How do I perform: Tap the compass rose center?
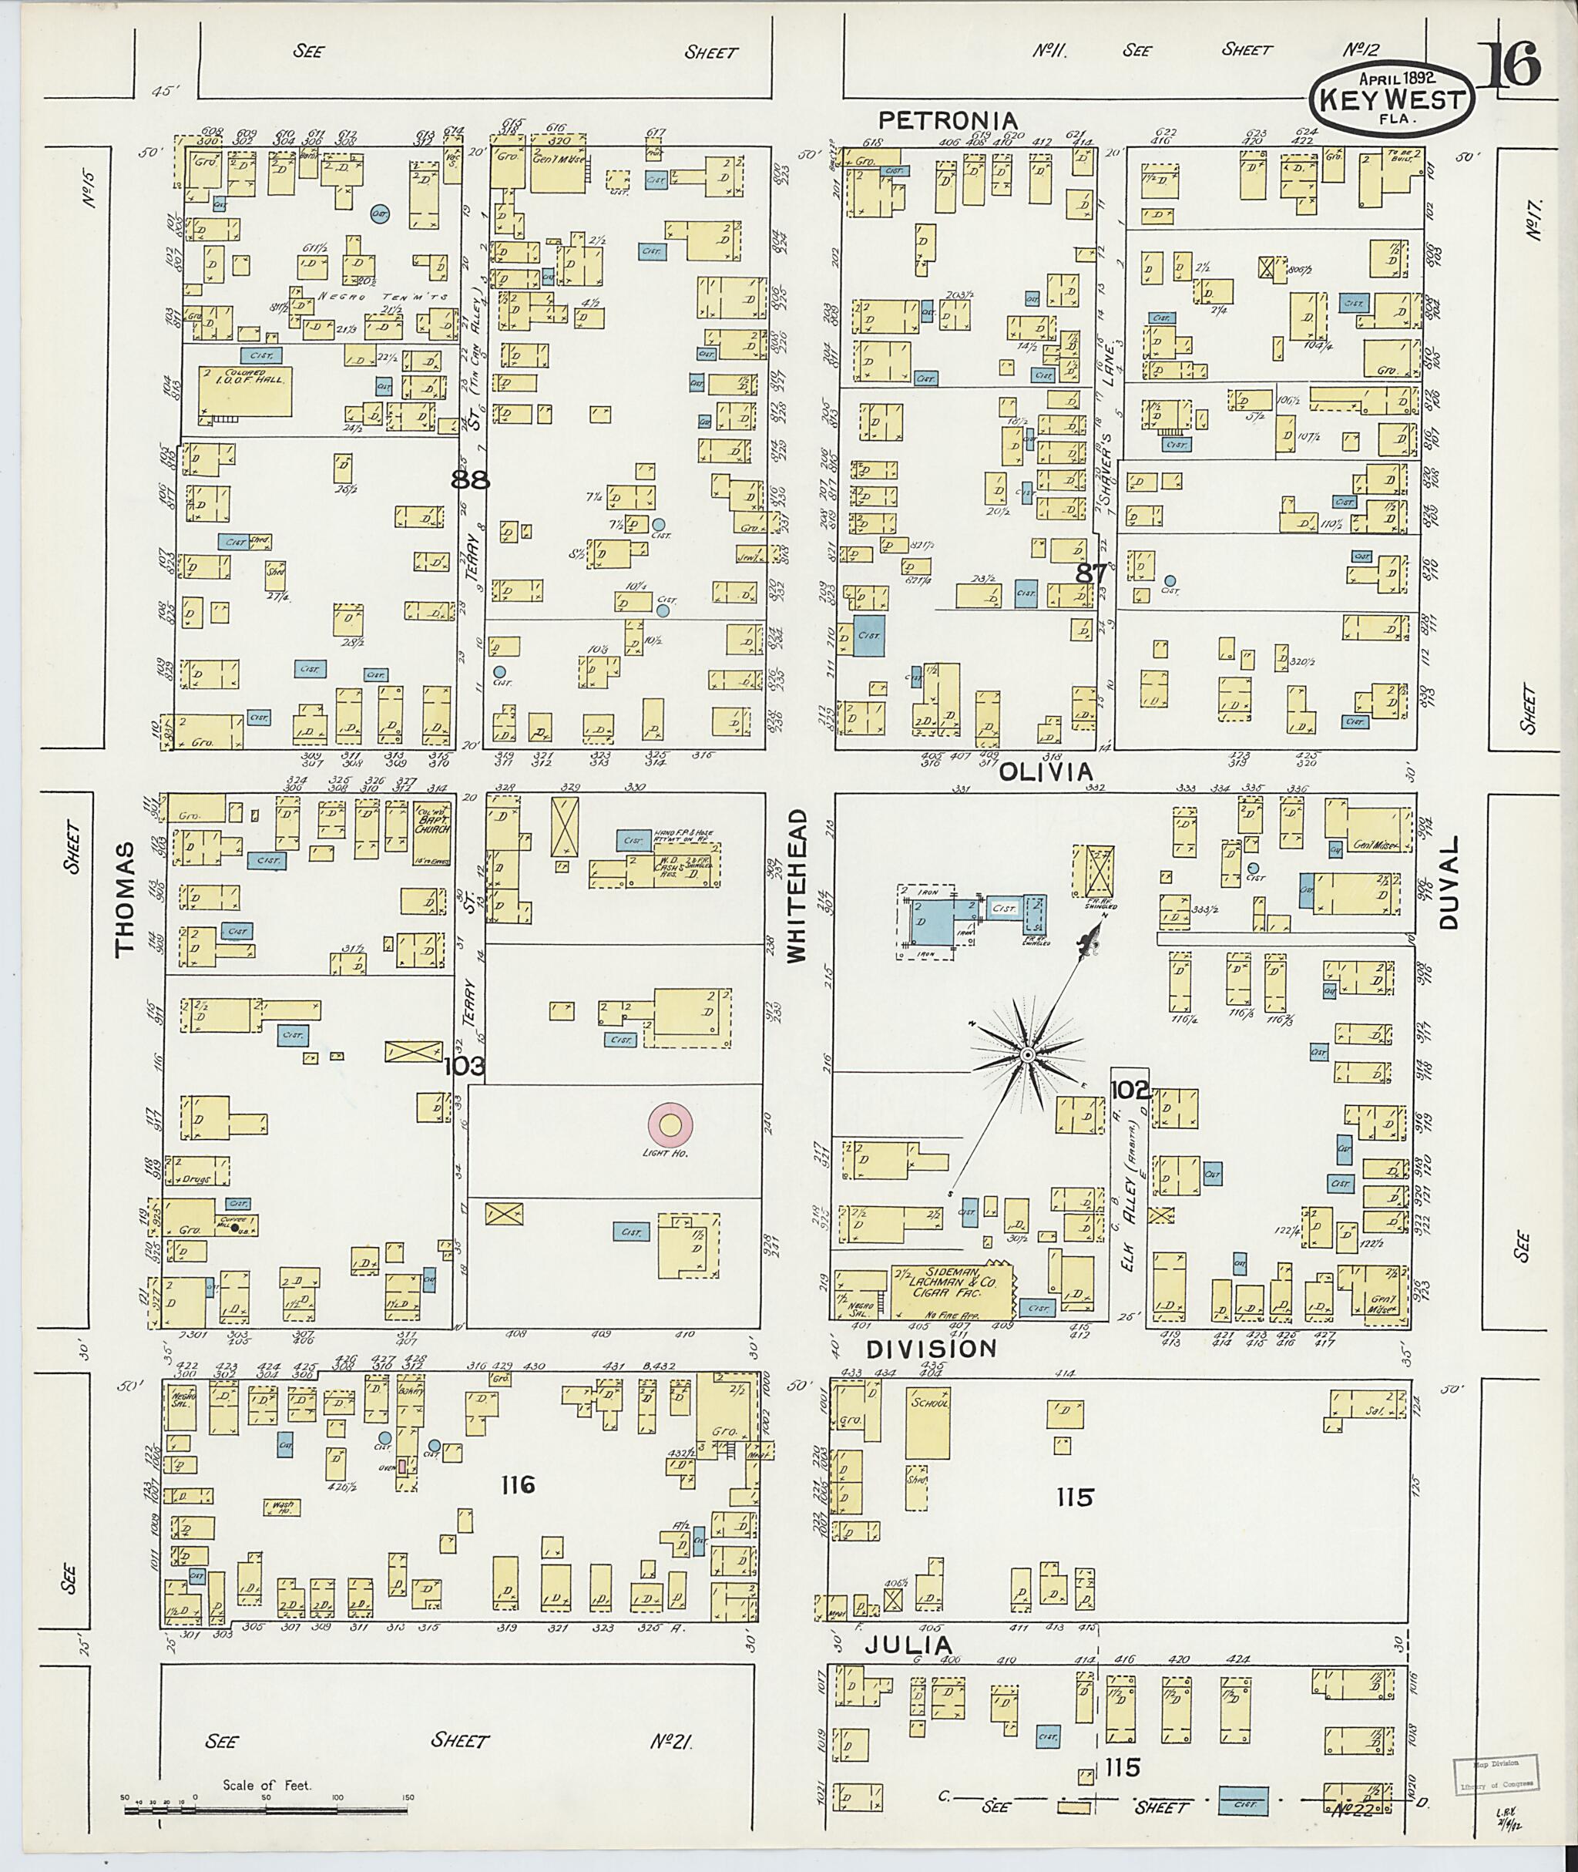coord(1028,1057)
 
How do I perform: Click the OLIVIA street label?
coord(1046,771)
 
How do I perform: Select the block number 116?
coord(518,1485)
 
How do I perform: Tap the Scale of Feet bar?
coord(266,1809)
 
